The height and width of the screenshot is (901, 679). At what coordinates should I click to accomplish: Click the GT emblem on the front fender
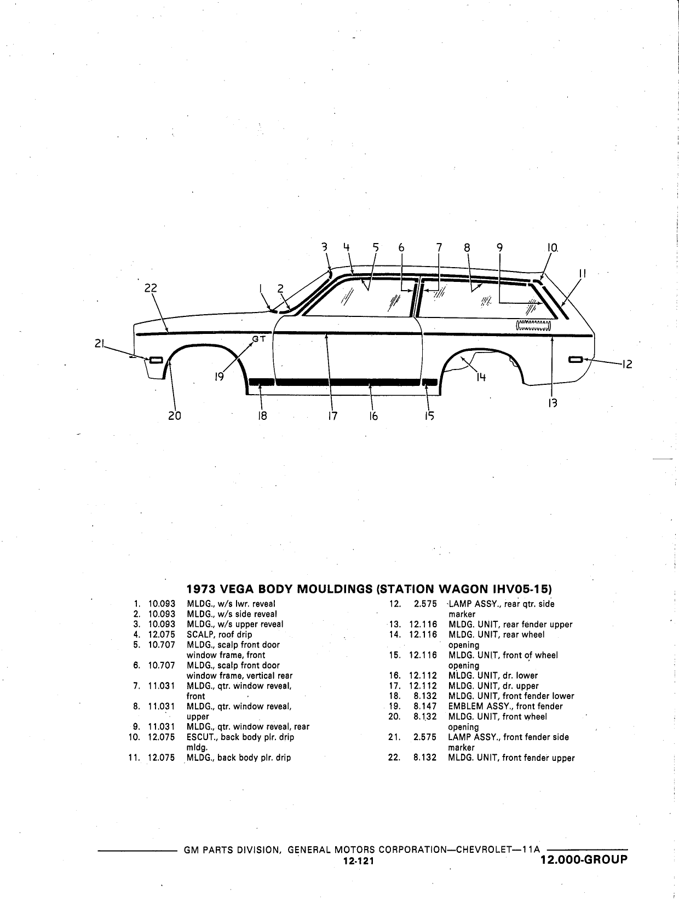point(259,339)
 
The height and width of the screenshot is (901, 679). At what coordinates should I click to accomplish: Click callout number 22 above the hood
point(151,288)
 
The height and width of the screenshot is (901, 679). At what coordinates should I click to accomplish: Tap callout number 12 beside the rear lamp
point(627,364)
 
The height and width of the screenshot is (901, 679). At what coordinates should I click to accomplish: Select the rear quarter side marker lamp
point(575,360)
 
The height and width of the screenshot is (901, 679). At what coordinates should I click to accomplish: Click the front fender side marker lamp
point(156,360)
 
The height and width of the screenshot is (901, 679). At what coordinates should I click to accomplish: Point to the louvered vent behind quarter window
point(533,326)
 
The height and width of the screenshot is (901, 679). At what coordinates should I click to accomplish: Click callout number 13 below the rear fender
point(553,403)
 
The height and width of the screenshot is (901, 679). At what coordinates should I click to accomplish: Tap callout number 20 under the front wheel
point(175,416)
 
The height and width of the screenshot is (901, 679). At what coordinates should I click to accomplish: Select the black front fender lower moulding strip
point(262,382)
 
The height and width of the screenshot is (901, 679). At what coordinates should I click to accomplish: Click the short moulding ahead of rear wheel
point(430,382)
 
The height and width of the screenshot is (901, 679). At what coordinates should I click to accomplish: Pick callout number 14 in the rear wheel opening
point(481,377)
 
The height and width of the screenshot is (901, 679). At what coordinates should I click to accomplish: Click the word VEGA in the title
point(238,589)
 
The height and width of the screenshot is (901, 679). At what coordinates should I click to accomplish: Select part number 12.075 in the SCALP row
point(162,634)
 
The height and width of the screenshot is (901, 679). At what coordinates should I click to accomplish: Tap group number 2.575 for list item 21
point(425,737)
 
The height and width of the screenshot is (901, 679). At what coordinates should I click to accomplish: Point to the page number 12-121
point(359,861)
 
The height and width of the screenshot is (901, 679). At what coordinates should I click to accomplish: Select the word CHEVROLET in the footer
point(483,850)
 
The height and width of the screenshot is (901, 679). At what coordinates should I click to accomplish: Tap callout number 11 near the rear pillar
point(582,273)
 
